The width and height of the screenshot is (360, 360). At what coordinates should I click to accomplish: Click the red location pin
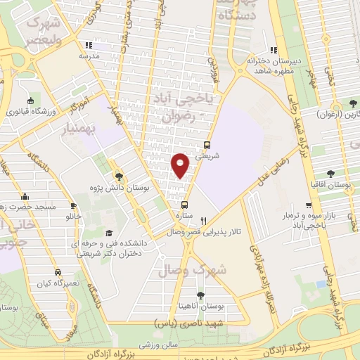(x=181, y=165)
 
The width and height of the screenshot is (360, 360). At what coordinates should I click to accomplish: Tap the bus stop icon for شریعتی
(x=207, y=146)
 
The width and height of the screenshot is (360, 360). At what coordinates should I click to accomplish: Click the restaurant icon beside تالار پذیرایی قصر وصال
(x=204, y=219)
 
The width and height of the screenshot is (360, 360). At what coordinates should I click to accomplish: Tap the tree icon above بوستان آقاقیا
(x=330, y=174)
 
